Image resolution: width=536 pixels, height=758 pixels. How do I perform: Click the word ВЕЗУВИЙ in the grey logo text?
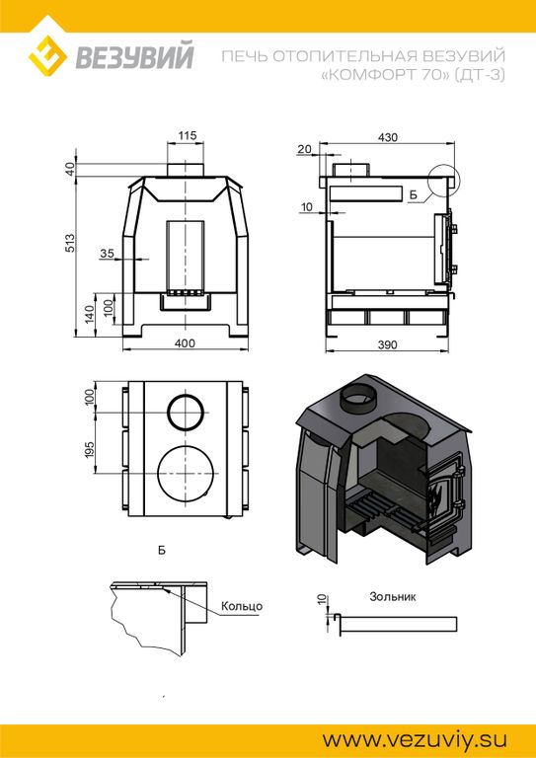[134, 56]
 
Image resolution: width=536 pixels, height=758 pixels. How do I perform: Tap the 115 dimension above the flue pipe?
[187, 135]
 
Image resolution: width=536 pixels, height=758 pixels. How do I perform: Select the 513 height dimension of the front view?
[69, 243]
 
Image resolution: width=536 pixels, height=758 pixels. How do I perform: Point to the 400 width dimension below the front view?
[186, 343]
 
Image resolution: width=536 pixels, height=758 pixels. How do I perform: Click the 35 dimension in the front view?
[107, 253]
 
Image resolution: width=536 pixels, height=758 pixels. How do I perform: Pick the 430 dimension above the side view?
[388, 137]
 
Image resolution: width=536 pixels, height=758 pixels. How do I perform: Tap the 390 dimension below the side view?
[387, 344]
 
